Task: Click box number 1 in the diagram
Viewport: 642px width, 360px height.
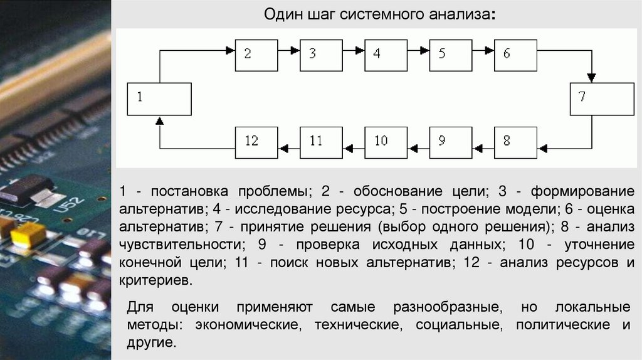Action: pos(159,99)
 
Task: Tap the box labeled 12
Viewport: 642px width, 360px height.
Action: pos(256,142)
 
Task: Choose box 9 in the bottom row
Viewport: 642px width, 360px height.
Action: pos(450,142)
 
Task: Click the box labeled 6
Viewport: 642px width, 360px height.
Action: pos(515,55)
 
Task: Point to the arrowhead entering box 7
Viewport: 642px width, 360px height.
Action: pos(591,78)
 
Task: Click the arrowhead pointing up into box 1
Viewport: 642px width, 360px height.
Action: pos(159,120)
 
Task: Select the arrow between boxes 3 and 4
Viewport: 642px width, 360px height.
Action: pos(354,55)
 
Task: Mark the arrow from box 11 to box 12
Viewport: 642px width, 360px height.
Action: pos(288,148)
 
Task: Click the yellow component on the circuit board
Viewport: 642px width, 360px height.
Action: pos(28,234)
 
